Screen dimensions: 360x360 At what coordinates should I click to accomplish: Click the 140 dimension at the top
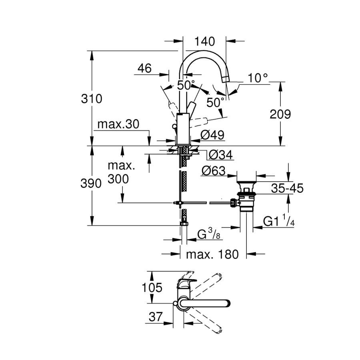point(204,41)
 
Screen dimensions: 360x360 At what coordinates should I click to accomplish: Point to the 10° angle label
point(258,78)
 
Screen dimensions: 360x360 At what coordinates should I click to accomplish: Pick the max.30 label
point(118,124)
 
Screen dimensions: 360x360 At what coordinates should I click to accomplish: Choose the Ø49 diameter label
point(212,135)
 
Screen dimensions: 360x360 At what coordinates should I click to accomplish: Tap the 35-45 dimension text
point(286,188)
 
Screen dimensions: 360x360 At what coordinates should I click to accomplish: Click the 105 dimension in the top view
point(152,287)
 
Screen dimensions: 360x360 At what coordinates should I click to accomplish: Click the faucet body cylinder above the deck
point(183,128)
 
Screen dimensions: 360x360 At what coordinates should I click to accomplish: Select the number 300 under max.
point(118,179)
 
